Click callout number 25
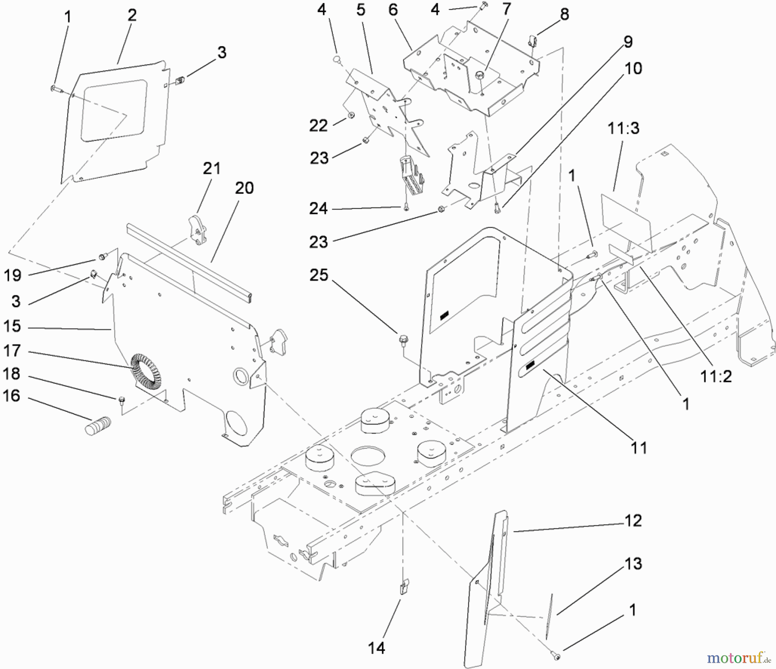(x=319, y=275)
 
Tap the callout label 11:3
(x=623, y=128)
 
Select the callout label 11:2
(x=716, y=376)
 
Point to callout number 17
(x=12, y=350)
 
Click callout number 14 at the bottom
(x=376, y=647)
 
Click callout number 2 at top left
(x=132, y=15)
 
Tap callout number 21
(x=212, y=168)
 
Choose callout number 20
(x=244, y=188)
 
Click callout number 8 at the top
(x=564, y=14)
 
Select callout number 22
(x=319, y=126)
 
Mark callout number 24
(x=319, y=208)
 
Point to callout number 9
(x=628, y=42)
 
